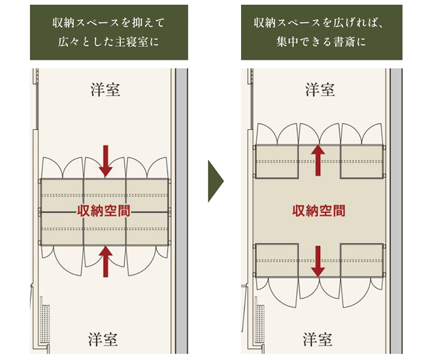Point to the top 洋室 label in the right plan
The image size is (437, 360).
click(320, 89)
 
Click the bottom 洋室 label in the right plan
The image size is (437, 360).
click(318, 339)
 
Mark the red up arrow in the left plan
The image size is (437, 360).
click(105, 262)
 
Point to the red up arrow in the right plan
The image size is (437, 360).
click(318, 159)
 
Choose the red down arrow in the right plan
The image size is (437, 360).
click(318, 262)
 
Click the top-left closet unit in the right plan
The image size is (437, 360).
click(276, 161)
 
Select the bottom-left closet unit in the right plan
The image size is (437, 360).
click(276, 260)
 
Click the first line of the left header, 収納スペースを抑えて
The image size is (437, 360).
click(109, 23)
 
